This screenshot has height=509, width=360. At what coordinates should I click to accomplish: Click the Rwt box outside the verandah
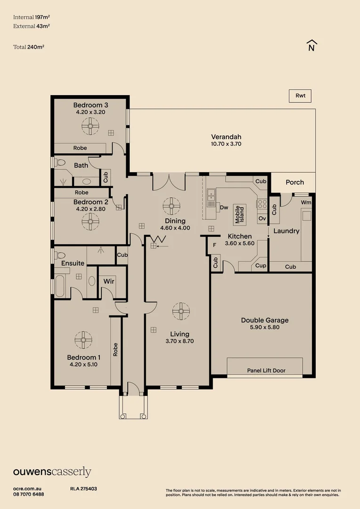[300, 96]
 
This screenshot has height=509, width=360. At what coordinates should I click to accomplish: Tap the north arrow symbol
[311, 45]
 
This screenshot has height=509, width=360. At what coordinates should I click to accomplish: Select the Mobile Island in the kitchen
[239, 214]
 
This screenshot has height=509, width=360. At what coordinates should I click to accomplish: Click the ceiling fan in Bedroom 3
[90, 126]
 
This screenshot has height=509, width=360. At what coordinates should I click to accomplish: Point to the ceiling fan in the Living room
[181, 311]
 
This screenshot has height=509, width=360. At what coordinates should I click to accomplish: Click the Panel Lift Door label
[266, 370]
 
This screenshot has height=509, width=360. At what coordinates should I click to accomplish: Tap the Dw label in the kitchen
[224, 207]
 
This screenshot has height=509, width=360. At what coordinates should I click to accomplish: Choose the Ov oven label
[262, 219]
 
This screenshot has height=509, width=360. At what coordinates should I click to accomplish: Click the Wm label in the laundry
[306, 202]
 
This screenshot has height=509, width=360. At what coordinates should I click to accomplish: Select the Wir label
[109, 281]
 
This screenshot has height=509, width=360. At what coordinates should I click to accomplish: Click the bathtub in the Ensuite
[60, 286]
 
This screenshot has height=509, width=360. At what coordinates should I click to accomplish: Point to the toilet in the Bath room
[60, 162]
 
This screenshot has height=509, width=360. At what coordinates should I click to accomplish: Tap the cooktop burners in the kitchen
[262, 204]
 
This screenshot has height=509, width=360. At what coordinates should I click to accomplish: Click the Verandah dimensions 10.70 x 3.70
[226, 144]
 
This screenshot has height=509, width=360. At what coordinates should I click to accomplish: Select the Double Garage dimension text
[264, 327]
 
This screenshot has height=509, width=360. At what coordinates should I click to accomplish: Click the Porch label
[295, 182]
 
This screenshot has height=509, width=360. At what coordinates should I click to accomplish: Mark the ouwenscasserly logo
[52, 472]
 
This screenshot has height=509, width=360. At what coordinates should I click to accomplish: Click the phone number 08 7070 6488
[29, 494]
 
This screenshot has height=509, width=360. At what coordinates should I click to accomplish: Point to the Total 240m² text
[29, 47]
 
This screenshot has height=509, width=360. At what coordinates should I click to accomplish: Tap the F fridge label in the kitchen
[214, 245]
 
